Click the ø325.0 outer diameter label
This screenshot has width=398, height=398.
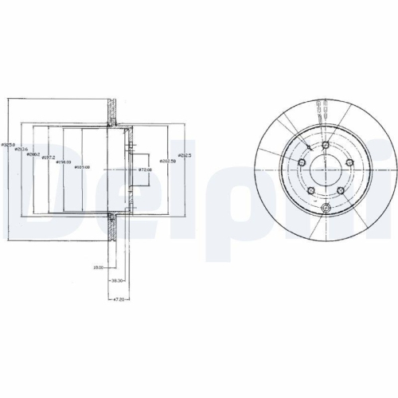pyautogui.click(x=8, y=145)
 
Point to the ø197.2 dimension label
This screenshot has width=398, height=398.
pyautogui.click(x=49, y=159)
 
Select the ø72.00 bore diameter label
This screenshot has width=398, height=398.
pyautogui.click(x=146, y=170)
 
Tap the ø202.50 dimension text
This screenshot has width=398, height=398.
pyautogui.click(x=168, y=161)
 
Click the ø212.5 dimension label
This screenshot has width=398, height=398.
pyautogui.click(x=185, y=155)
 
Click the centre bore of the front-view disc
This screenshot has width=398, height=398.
pyautogui.click(x=326, y=170)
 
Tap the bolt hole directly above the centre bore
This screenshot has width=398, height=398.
pyautogui.click(x=326, y=143)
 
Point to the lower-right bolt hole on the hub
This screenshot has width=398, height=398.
pyautogui.click(x=341, y=190)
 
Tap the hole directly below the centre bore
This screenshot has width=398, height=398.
pyautogui.click(x=326, y=209)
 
